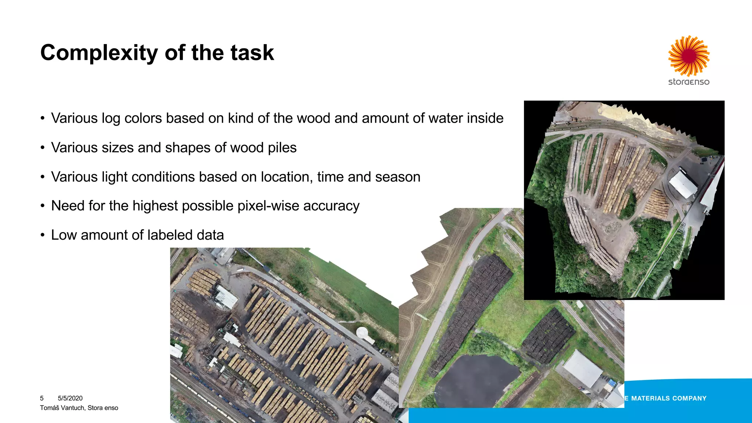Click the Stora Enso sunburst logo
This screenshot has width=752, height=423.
point(689,55)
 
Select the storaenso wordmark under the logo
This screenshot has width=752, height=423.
point(689,82)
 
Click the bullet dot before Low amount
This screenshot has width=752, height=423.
point(43,235)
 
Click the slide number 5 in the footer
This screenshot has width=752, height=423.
point(42,398)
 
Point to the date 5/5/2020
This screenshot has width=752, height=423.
point(70,398)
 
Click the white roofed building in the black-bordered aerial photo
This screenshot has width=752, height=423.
point(683,184)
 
